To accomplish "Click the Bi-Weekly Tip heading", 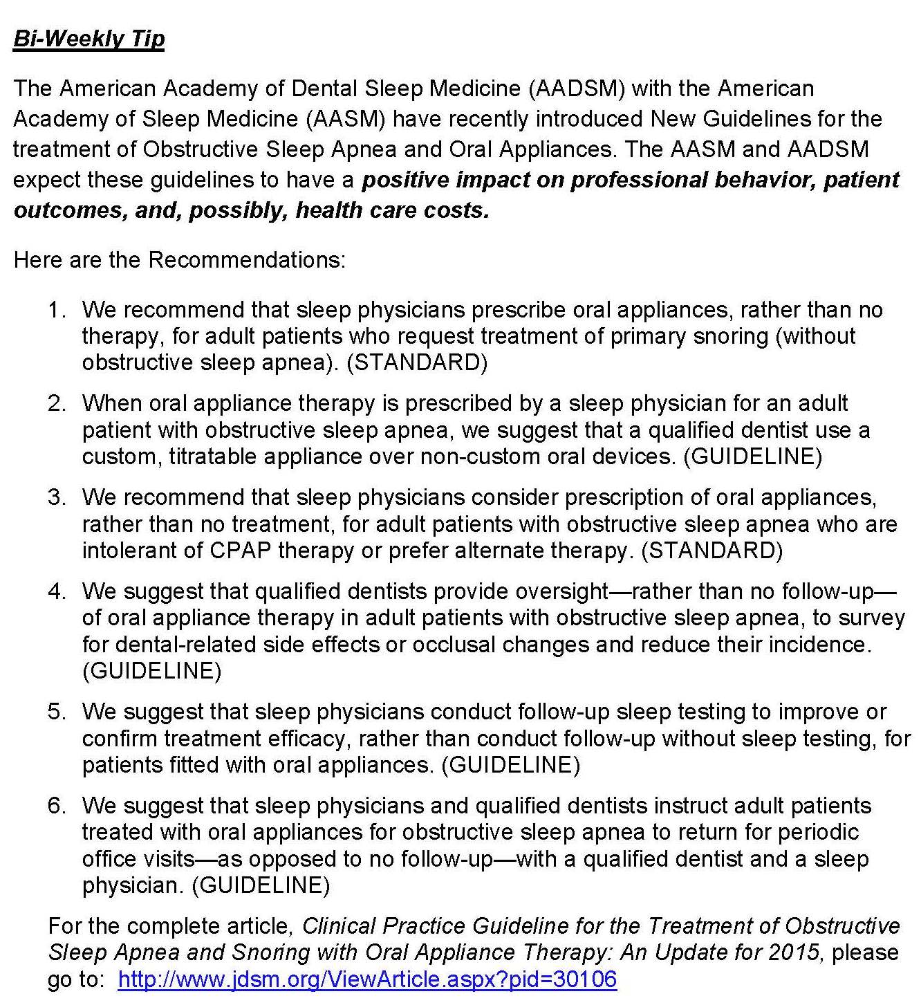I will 89,39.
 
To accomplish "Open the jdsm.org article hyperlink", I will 367,979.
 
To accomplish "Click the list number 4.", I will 56,591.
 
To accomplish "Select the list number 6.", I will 56,806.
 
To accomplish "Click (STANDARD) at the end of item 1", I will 417,362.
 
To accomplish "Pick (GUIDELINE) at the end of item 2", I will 752,457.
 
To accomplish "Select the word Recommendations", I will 246,260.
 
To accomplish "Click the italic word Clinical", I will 339,926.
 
